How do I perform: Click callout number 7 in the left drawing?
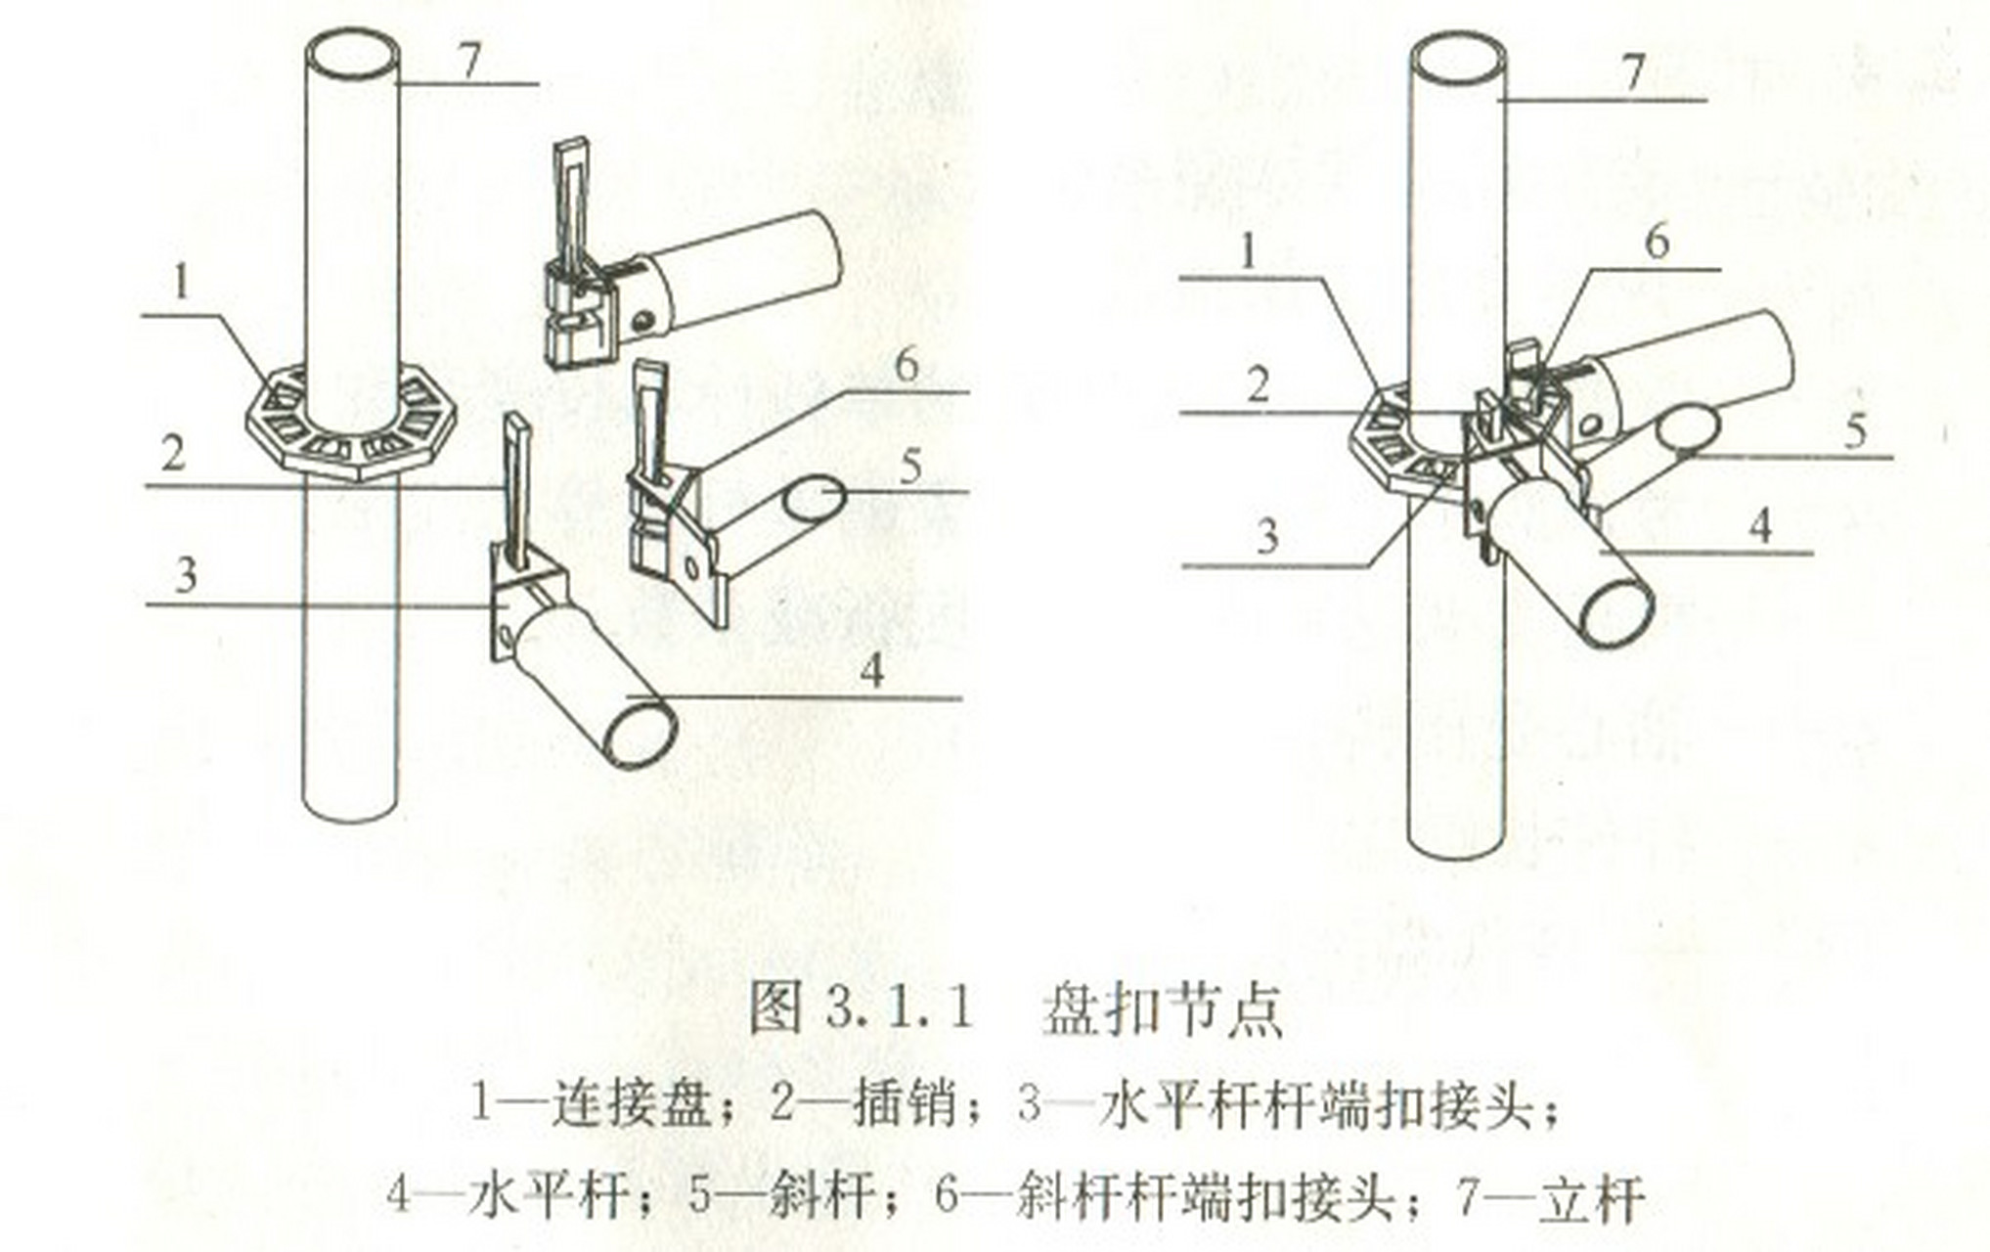tap(470, 61)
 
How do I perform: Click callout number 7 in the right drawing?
tap(1632, 72)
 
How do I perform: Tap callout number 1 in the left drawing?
tap(181, 284)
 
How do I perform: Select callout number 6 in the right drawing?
tap(1657, 242)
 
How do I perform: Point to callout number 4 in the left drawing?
tap(872, 671)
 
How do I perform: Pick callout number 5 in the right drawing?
tap(1855, 431)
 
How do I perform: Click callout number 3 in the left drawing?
tap(186, 575)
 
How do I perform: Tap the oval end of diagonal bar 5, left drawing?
tap(814, 498)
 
